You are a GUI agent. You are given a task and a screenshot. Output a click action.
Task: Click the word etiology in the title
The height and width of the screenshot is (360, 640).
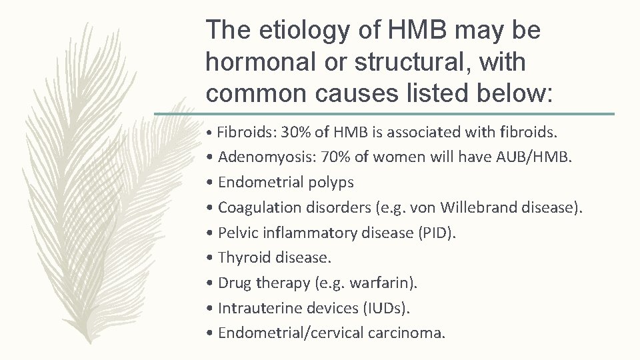(x=291, y=30)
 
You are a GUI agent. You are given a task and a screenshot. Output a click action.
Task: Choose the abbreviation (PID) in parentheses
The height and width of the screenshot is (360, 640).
(x=441, y=233)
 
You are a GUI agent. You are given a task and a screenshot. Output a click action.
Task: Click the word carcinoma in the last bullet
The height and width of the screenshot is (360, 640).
(x=409, y=333)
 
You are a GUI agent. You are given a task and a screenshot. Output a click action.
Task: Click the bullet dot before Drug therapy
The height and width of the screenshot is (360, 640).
(x=210, y=283)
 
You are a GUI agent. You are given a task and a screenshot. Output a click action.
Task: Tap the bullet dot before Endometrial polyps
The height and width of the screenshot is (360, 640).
(x=210, y=183)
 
